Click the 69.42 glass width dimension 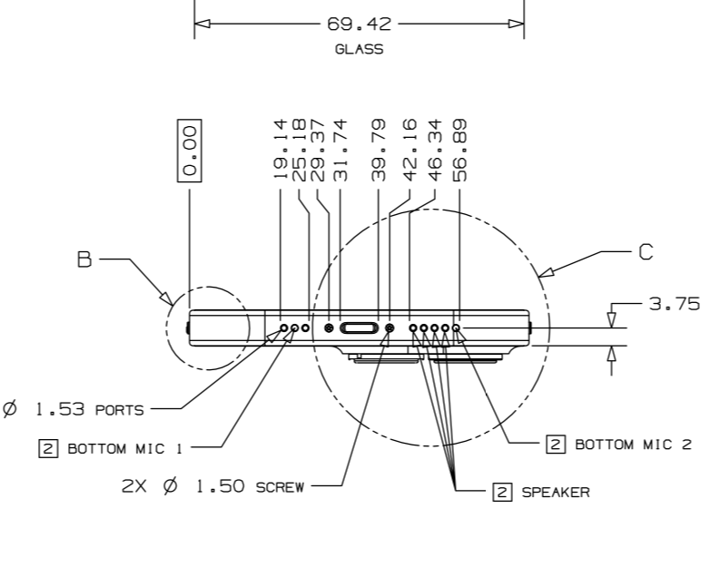click(x=359, y=24)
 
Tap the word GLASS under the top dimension click(x=359, y=51)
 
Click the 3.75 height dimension click(x=674, y=304)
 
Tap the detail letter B click(x=85, y=260)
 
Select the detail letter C click(x=646, y=252)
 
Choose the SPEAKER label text click(x=555, y=493)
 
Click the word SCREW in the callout click(x=278, y=486)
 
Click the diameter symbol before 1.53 click(x=10, y=409)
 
